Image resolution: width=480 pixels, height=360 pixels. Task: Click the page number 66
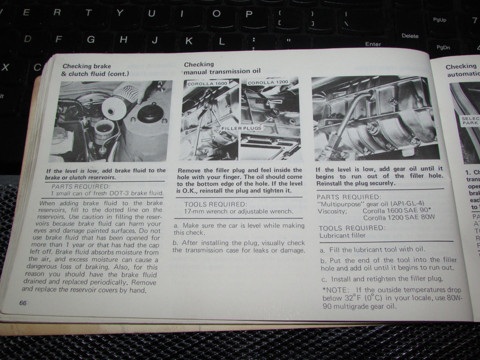(23, 303)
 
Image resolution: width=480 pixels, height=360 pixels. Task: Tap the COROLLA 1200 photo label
(268, 82)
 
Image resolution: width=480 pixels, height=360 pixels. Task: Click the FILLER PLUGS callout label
(241, 128)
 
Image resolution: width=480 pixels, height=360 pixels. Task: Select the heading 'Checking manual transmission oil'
(222, 68)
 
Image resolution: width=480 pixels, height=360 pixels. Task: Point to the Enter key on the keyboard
(373, 44)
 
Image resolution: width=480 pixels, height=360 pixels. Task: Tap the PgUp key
(439, 20)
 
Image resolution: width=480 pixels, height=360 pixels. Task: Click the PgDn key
(443, 47)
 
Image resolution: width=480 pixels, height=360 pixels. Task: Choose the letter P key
(248, 14)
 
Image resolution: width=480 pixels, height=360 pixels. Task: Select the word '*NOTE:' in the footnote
(335, 290)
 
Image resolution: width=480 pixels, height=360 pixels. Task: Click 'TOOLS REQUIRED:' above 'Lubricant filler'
(352, 228)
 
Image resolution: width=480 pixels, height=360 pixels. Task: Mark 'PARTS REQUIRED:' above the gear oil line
(348, 197)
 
